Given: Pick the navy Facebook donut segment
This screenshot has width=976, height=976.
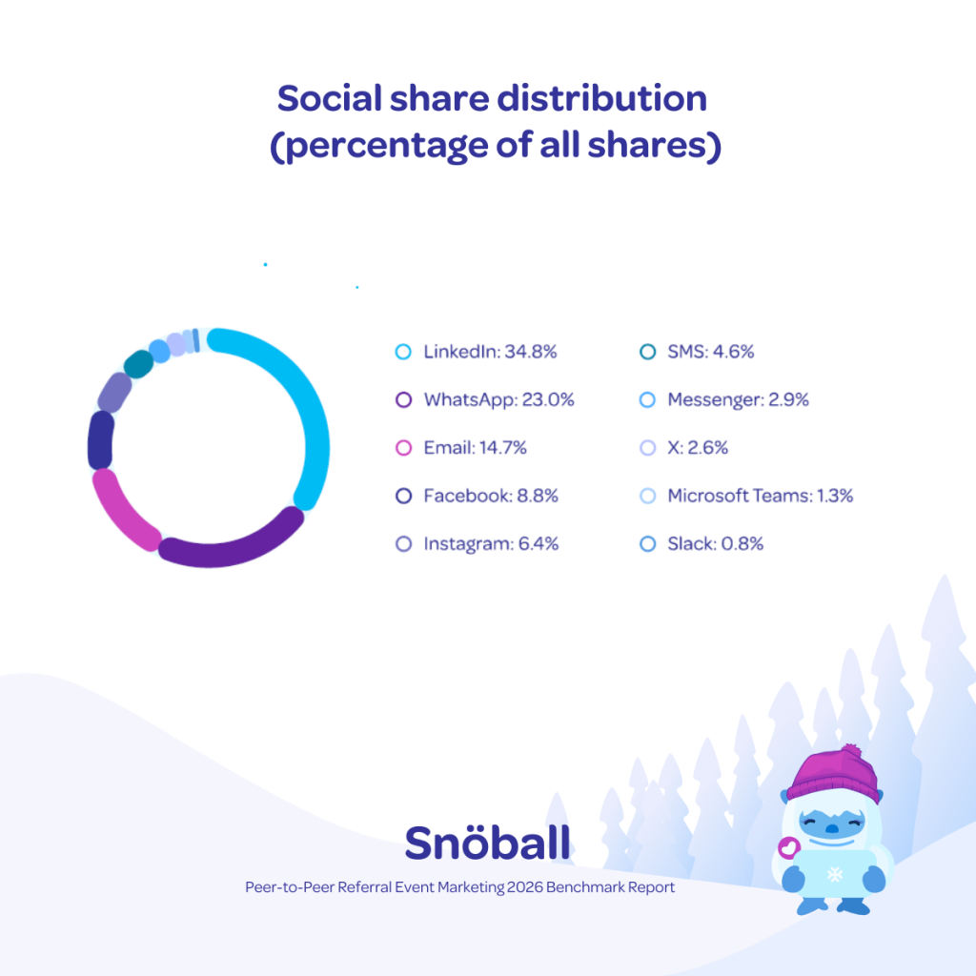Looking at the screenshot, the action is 100,440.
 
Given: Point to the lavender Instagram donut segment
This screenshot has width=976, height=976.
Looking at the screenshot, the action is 114,392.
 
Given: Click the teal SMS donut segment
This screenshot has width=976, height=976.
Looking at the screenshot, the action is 139,364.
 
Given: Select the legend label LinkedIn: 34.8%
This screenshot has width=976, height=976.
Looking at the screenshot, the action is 490,352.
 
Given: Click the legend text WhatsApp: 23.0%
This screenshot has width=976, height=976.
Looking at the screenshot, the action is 498,399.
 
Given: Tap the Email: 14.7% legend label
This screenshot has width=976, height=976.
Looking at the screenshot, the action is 475,448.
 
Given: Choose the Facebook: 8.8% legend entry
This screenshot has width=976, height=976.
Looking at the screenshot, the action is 491,496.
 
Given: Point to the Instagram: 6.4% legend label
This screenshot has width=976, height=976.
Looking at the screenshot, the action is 491,543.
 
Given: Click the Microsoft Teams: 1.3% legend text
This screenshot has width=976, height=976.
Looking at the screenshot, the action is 760,496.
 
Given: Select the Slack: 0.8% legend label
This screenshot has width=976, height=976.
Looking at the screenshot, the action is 715,543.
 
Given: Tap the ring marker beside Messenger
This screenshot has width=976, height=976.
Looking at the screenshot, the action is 647,399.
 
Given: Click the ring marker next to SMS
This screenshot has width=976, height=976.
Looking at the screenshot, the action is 647,352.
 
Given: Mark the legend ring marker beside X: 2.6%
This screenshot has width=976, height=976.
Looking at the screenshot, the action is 647,448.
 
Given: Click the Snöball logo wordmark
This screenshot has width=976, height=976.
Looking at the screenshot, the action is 487,843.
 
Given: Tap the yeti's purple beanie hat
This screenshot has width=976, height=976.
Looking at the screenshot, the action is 833,775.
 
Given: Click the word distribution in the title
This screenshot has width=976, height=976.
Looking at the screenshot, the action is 601,98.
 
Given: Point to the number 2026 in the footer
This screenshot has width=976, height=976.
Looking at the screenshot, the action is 525,887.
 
